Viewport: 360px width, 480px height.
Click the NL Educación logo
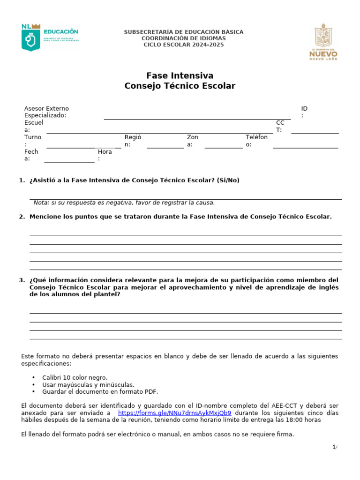pos(50,37)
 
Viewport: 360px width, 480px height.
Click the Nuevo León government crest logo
pos(323,42)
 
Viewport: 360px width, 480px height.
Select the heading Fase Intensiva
pos(180,75)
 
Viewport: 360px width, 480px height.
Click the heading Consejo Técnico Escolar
pos(180,86)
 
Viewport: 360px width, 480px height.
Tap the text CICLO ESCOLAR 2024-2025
pos(183,45)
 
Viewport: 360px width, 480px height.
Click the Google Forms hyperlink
pos(174,413)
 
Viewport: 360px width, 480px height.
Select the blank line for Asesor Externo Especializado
pos(197,119)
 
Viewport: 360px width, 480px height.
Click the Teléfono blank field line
pos(305,148)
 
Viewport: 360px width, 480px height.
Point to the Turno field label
pos(33,141)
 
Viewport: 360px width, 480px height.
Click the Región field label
pos(133,141)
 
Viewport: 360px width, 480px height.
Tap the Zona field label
pos(192,141)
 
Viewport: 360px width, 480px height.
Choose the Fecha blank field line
pos(69,162)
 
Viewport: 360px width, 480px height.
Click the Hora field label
pos(105,155)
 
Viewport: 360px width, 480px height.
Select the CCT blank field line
pos(315,133)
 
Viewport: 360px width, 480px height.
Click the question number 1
pos(22,180)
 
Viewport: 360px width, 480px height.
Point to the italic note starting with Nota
pos(124,202)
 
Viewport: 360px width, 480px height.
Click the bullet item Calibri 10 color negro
pos(75,377)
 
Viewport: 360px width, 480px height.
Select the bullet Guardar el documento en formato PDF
pos(100,391)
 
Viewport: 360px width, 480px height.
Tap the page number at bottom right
pos(335,447)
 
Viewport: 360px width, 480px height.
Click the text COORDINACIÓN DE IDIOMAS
pos(183,38)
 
